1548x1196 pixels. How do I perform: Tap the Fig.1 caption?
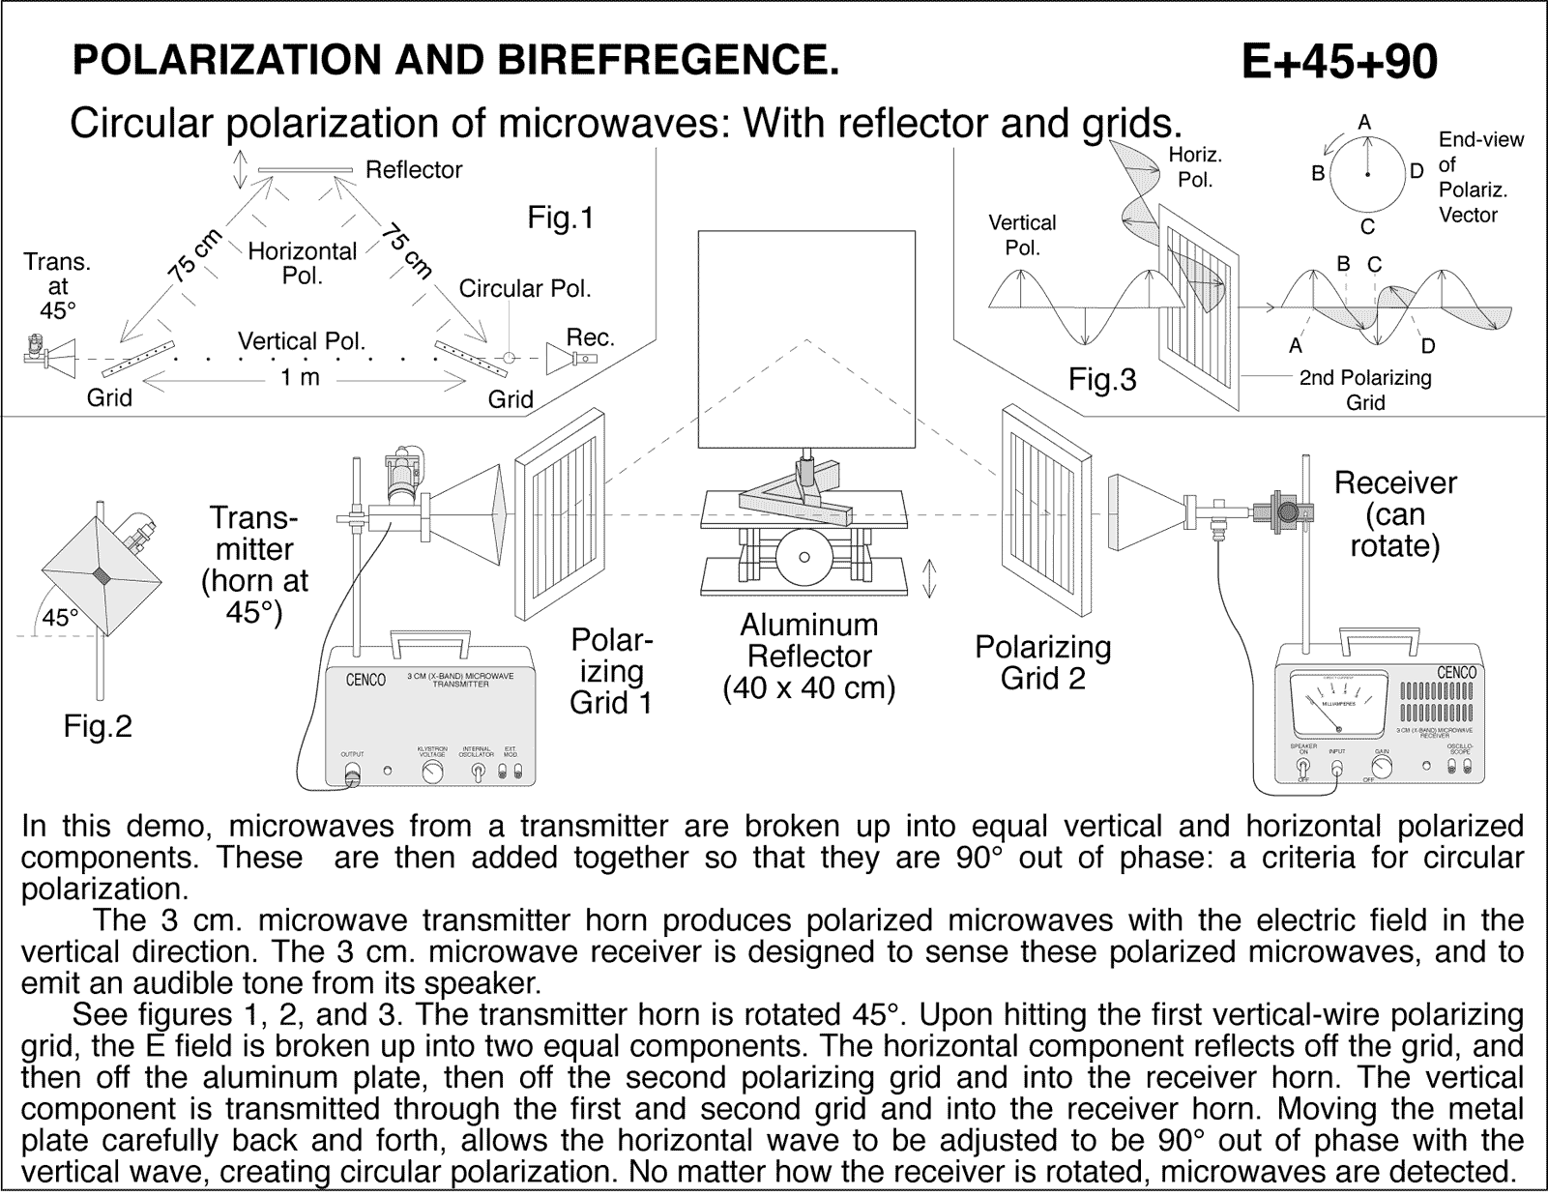[x=560, y=219]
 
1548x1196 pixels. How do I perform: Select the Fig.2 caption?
[x=97, y=726]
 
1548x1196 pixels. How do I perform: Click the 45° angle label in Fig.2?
[x=59, y=618]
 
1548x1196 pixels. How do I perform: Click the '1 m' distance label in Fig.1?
[x=300, y=378]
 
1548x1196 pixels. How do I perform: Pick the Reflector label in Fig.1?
[x=413, y=170]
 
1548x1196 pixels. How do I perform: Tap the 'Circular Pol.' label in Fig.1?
[x=524, y=289]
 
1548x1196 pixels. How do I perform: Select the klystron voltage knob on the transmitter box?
[x=432, y=771]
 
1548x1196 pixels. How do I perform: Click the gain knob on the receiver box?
[x=1383, y=767]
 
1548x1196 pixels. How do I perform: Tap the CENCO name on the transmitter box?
[x=365, y=680]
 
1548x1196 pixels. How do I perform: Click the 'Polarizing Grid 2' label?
[x=1042, y=662]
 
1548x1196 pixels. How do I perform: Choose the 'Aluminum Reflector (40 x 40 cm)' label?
[x=809, y=656]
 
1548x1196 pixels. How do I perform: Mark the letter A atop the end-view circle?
[x=1365, y=123]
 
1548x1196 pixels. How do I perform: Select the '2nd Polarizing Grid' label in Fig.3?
[x=1365, y=390]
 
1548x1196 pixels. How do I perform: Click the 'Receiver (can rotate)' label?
[x=1394, y=514]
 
